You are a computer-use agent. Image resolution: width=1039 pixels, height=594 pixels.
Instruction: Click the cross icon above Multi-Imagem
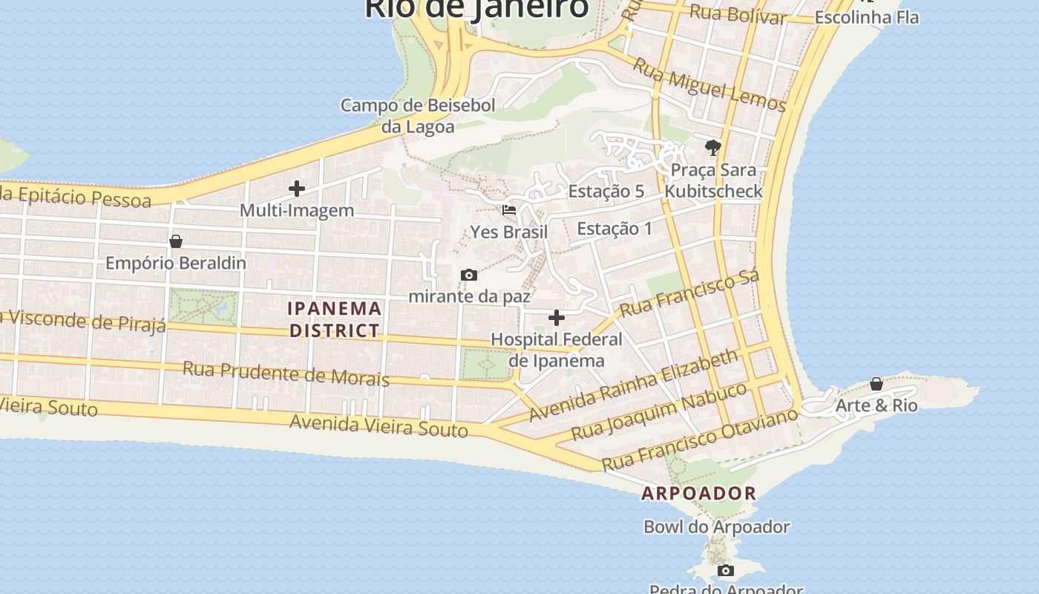[x=297, y=189]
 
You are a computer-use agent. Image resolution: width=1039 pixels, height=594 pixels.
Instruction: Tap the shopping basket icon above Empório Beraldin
[x=176, y=241]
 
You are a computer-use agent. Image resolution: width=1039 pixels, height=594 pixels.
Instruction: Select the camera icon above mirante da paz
[x=469, y=275]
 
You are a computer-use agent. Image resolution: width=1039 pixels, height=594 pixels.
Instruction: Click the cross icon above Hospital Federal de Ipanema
[x=557, y=319]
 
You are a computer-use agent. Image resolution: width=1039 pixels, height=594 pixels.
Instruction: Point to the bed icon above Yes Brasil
[x=509, y=210]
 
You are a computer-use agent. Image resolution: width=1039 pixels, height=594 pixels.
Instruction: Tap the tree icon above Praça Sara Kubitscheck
[x=713, y=147]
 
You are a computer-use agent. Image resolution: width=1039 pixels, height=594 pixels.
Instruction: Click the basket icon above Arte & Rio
[x=876, y=384]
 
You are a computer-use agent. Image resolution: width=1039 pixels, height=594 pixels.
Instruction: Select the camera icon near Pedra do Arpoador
[x=726, y=571]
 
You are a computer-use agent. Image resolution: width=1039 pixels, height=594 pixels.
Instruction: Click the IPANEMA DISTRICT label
[x=335, y=319]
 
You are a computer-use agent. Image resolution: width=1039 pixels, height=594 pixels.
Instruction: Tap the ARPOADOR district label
[x=699, y=493]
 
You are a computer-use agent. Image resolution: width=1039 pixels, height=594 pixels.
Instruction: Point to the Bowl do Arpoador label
[x=716, y=527]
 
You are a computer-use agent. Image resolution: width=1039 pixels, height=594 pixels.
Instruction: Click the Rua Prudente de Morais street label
[x=286, y=373]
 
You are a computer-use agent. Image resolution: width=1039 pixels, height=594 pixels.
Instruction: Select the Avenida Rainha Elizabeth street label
[x=634, y=385]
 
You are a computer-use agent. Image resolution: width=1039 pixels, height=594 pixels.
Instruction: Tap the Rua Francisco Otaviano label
[x=699, y=438]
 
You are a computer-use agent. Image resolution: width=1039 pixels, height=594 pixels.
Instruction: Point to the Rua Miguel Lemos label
[x=709, y=85]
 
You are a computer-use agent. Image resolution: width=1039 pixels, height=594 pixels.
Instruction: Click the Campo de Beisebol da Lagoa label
[x=418, y=116]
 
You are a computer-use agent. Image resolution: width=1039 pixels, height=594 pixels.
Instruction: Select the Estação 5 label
[x=606, y=192]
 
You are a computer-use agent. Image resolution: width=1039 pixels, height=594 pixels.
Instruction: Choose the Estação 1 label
[x=614, y=229]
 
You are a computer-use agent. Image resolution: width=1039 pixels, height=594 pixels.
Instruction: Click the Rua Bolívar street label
[x=738, y=14]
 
